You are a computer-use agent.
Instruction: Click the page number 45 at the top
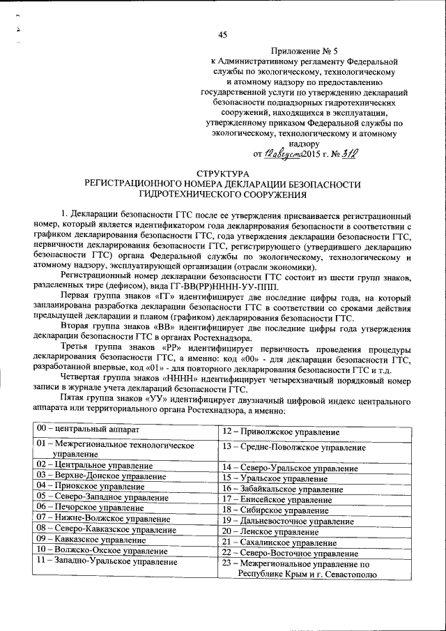coord(223,35)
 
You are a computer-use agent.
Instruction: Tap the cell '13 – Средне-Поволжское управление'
coord(293,447)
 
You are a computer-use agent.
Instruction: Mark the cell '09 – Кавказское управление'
coord(86,539)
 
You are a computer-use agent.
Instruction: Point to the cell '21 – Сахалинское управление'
coord(275,542)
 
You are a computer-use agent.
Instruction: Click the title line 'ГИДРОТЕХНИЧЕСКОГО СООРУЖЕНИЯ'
coord(222,195)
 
